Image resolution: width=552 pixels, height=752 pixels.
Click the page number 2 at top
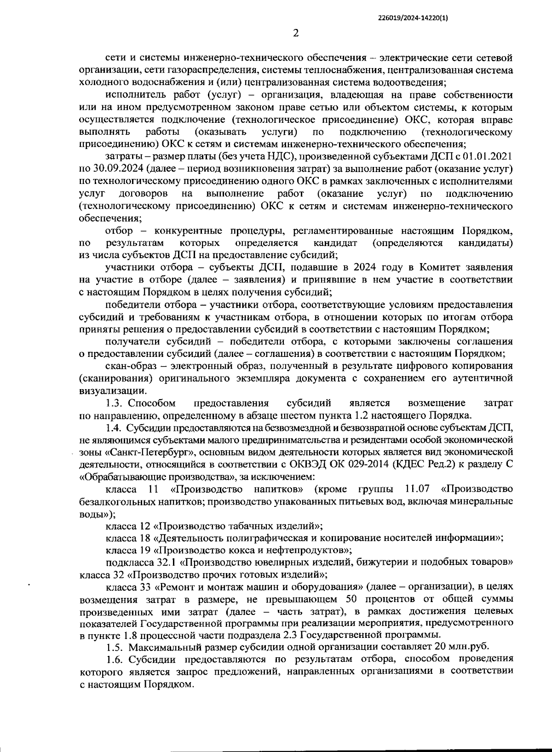pos(296,33)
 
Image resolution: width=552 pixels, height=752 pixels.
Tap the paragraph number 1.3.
pos(113,403)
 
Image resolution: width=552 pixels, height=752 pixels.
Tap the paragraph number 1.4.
pos(113,428)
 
